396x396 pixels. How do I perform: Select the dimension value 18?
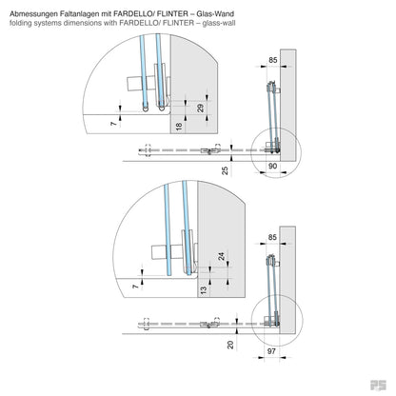click(x=178, y=126)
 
